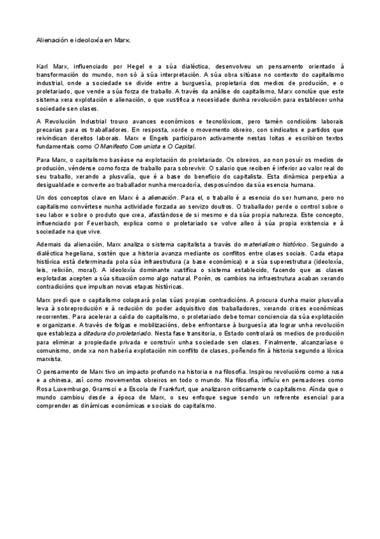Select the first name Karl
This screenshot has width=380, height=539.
click(x=42, y=67)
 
